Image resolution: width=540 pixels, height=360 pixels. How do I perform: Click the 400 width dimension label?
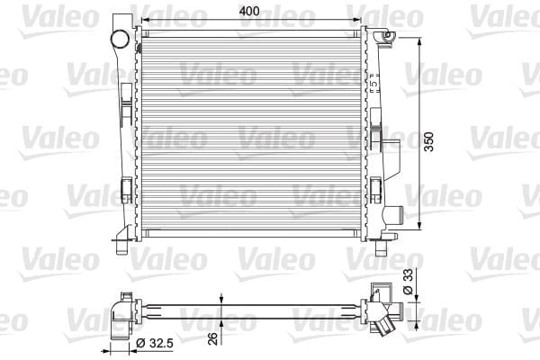pyautogui.click(x=249, y=11)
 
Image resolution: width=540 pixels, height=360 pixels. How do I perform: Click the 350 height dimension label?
pyautogui.click(x=428, y=141)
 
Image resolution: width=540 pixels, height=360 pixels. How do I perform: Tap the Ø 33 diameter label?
pyautogui.click(x=408, y=282)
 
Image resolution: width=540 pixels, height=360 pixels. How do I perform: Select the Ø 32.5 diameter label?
pyautogui.click(x=154, y=343)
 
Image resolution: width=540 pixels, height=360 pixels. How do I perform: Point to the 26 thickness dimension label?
pyautogui.click(x=213, y=338)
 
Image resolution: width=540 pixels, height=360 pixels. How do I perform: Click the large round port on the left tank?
pyautogui.click(x=120, y=39)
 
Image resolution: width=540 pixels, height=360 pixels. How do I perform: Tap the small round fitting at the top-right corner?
pyautogui.click(x=387, y=35)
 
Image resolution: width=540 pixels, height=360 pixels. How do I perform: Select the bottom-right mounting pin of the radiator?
pyautogui.click(x=381, y=247)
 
